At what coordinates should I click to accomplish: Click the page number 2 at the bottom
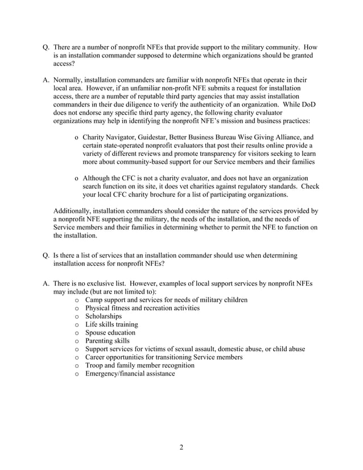181,447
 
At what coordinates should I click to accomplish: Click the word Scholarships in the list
104,316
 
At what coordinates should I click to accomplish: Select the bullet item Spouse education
110,332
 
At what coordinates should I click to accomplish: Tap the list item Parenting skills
107,341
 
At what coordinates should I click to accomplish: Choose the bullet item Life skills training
111,324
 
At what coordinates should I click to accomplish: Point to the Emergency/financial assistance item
130,373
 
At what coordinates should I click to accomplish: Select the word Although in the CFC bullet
100,179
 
